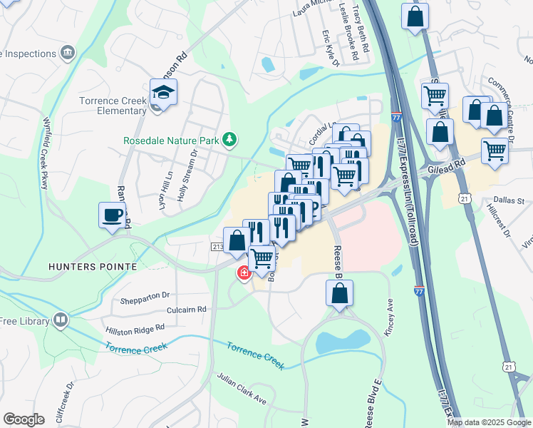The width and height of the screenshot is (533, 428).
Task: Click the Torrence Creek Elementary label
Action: click(113, 105)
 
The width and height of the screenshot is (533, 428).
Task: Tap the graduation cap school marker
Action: click(163, 93)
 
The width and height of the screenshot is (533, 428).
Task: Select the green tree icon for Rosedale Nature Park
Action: click(229, 139)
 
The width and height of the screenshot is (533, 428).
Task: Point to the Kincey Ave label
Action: click(390, 306)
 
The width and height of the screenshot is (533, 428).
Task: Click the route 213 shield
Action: click(218, 246)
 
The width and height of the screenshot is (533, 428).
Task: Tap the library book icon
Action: click(61, 321)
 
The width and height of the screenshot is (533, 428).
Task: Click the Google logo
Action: click(24, 419)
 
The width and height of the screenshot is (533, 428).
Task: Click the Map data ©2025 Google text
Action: click(488, 422)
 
